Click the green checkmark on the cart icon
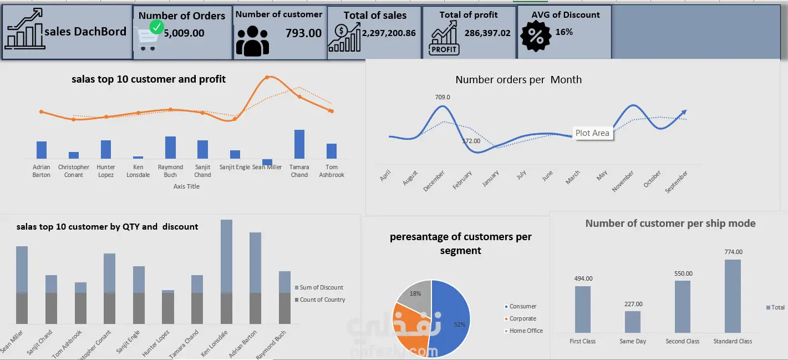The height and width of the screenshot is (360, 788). [x=157, y=27]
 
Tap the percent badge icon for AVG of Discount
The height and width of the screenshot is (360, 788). [x=536, y=36]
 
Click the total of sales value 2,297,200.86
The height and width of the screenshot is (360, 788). [x=389, y=33]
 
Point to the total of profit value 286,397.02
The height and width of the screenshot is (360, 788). [x=487, y=33]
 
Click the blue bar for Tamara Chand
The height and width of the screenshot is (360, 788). [x=299, y=144]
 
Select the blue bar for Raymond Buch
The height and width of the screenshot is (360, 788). [x=170, y=148]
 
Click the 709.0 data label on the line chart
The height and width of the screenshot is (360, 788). [x=443, y=97]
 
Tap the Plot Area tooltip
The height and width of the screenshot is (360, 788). [x=592, y=133]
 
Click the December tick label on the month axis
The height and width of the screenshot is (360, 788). [x=434, y=181]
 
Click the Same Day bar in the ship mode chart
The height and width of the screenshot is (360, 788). [x=633, y=322]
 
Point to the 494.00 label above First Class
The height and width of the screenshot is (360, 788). [x=583, y=278]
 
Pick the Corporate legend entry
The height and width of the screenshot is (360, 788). [x=522, y=318]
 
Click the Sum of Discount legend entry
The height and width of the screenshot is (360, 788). [x=321, y=287]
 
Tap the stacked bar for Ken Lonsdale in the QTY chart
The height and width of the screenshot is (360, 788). [x=227, y=272]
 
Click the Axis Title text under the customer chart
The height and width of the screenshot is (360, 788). [x=186, y=186]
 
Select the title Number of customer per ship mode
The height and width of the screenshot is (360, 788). [x=670, y=223]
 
